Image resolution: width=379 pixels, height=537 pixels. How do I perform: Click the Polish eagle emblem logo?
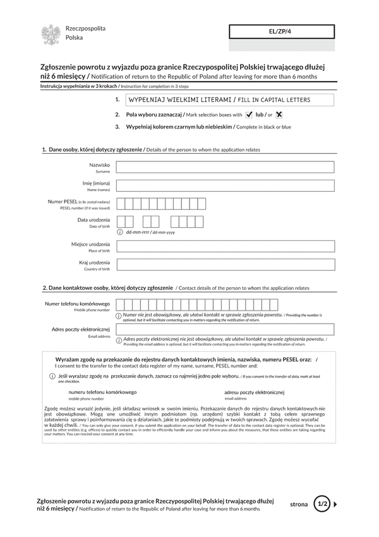(51, 34)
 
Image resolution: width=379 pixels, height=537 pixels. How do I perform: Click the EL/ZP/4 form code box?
(280, 32)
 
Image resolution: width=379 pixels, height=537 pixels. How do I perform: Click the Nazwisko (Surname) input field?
(226, 167)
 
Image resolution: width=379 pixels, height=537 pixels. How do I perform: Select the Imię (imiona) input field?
(226, 185)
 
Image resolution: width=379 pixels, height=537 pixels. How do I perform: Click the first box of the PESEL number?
(121, 204)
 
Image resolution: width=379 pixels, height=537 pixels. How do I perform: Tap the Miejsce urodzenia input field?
(226, 246)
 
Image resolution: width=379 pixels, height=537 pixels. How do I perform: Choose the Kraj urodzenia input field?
(226, 264)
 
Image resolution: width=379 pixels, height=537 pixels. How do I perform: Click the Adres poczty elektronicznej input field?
(226, 330)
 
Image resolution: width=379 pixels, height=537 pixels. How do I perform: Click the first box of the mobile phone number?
(121, 305)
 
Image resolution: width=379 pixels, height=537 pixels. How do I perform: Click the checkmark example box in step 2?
(249, 114)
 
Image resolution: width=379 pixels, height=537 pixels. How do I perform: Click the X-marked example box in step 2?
(279, 114)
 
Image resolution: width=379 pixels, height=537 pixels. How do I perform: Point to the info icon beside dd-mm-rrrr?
(120, 232)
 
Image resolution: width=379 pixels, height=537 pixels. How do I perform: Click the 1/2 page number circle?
(322, 504)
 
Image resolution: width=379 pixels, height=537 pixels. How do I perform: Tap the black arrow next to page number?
(335, 504)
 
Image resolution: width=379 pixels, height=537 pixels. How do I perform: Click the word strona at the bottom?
(299, 504)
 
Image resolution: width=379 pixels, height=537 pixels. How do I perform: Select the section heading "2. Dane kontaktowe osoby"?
(107, 288)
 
